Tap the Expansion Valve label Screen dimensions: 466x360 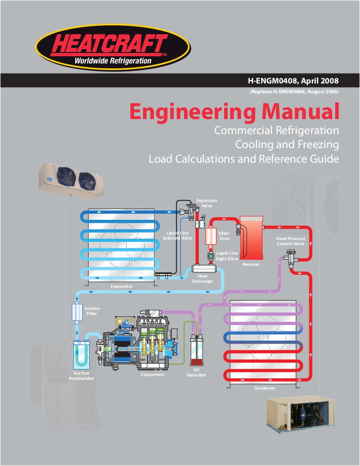pyautogui.click(x=206, y=203)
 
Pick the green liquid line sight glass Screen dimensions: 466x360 pyautogui.click(x=210, y=256)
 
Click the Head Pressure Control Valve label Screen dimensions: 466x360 pyautogui.click(x=290, y=241)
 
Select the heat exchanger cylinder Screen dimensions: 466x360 pyautogui.click(x=204, y=269)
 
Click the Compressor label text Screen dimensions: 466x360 pyautogui.click(x=152, y=375)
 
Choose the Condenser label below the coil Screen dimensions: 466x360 pyautogui.click(x=264, y=388)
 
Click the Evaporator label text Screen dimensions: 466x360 pyautogui.click(x=121, y=286)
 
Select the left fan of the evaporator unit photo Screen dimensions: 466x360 pyautogui.click(x=65, y=176)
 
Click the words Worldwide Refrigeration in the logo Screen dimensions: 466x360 pyautogui.click(x=113, y=60)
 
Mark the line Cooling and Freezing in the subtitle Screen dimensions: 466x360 pyautogui.click(x=287, y=144)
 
